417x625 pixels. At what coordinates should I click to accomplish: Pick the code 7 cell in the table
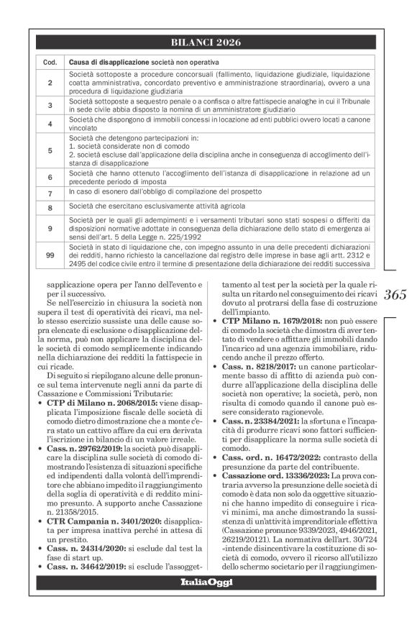pyautogui.click(x=50, y=193)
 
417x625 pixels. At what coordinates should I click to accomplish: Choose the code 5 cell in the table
pyautogui.click(x=50, y=150)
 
